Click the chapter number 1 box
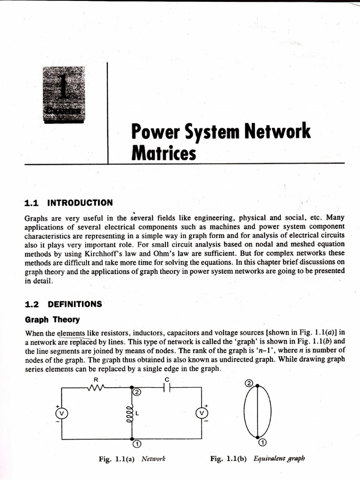tap(64, 94)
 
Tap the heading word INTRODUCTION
tap(80, 202)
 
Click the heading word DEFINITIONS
tap(75, 304)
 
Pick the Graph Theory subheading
tap(52, 320)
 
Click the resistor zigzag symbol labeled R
tap(96, 387)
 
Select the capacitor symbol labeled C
tap(166, 387)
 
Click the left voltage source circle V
tap(61, 413)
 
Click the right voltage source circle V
tap(202, 413)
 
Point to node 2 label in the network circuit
tap(137, 392)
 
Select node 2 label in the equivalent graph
tap(249, 383)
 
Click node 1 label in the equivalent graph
tap(263, 442)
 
